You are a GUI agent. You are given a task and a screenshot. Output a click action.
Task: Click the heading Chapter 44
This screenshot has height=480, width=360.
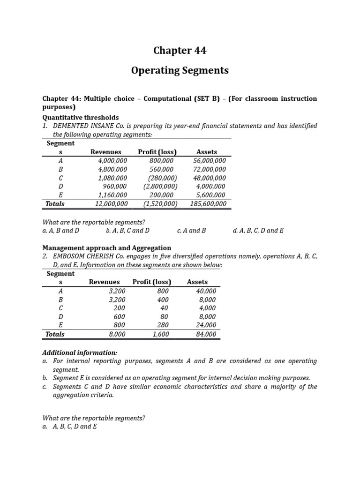pos(180,51)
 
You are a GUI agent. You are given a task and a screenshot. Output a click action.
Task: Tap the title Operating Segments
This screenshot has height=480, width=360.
pos(180,71)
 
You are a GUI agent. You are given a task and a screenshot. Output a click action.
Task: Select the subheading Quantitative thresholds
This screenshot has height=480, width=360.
pos(81,117)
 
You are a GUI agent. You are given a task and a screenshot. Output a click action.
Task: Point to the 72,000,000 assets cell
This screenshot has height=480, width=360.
pos(209,169)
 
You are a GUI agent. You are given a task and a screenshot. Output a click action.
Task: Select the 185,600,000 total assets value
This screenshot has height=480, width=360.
pos(208,204)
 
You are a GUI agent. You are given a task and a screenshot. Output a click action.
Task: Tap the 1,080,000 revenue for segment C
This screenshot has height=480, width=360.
pos(112,178)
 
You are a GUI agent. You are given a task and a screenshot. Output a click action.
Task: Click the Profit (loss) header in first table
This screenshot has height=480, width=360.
pos(157,152)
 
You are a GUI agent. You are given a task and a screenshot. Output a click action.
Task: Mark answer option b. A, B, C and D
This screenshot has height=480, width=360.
pos(127,231)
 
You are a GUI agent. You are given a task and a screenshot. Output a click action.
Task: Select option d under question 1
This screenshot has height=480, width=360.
pos(258,231)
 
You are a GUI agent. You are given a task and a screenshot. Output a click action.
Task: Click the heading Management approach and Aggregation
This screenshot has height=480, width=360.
pos(107,247)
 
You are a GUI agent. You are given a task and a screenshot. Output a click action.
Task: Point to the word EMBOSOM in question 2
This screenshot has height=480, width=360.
pos(70,257)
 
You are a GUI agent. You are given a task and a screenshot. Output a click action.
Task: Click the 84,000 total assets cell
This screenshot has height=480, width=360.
pos(206,334)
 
